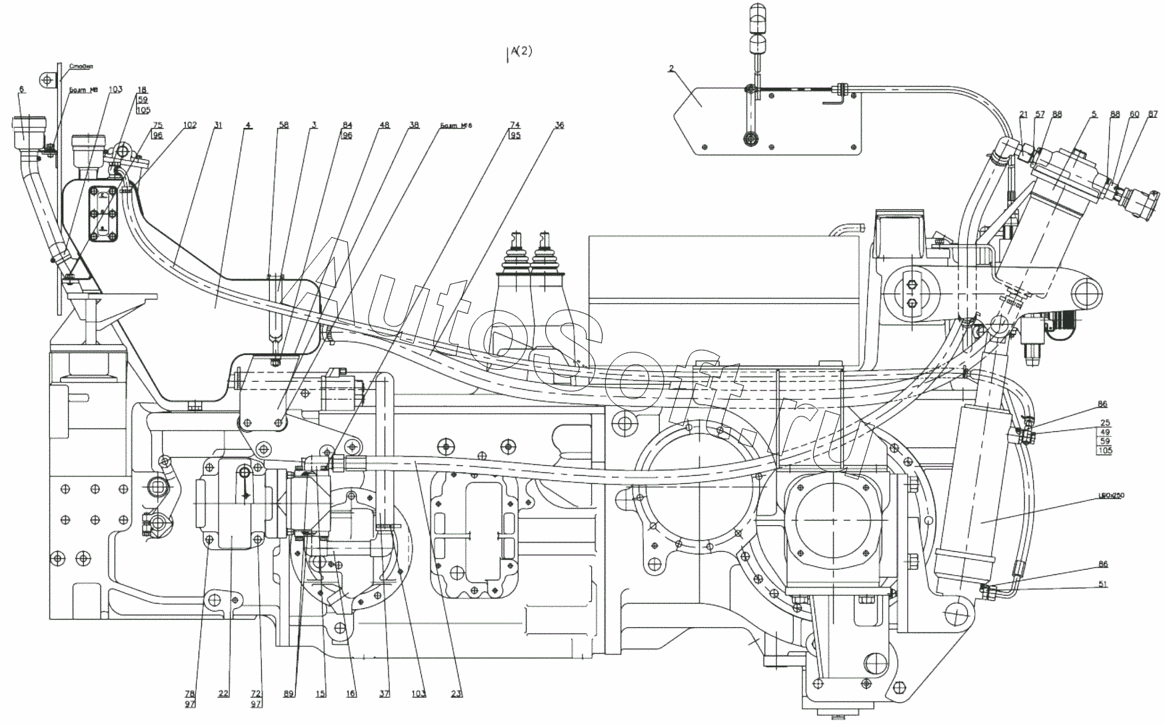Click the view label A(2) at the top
[521, 52]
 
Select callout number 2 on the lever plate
[671, 68]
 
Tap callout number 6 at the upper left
[21, 89]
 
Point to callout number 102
[190, 125]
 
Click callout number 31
[218, 125]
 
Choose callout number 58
[284, 125]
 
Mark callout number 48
[385, 125]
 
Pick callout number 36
[559, 125]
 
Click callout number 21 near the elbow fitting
[1024, 115]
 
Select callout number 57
[1040, 115]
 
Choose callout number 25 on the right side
[1105, 423]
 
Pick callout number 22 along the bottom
[223, 694]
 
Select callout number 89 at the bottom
[289, 694]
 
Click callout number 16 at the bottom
[351, 694]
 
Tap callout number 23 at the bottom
[456, 694]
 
